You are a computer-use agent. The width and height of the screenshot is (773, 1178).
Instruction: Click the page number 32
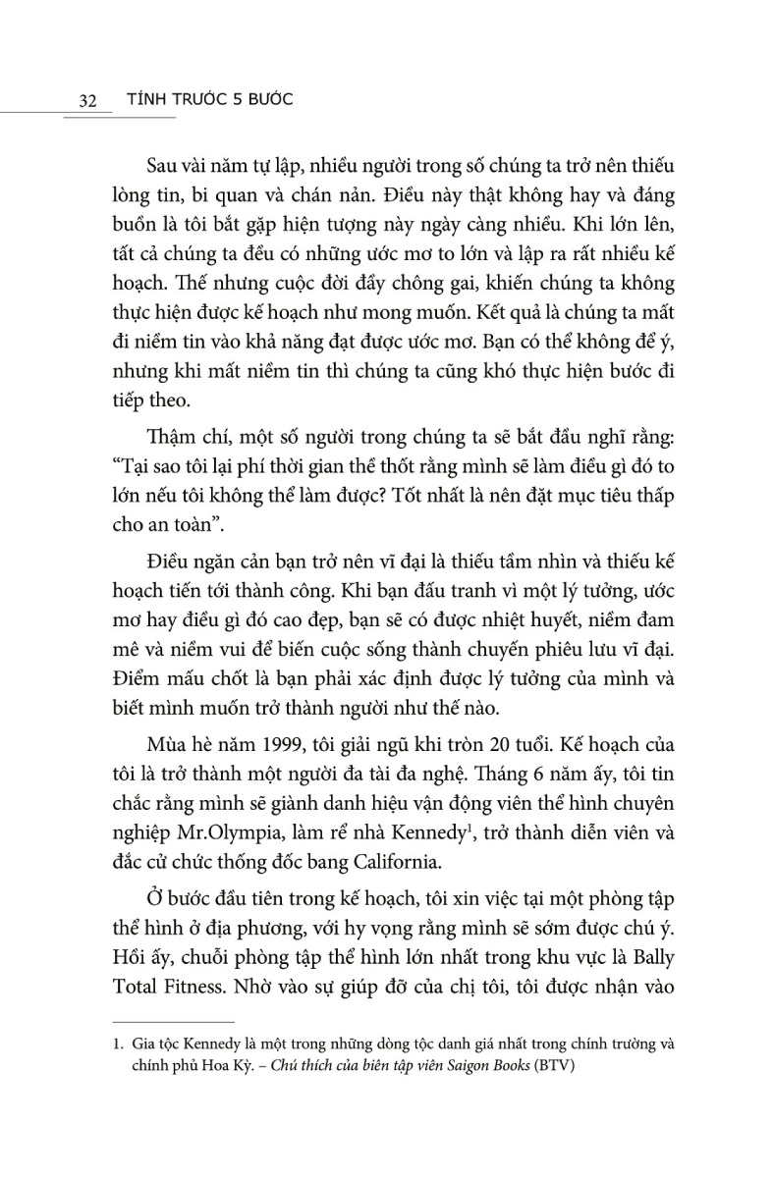[84, 100]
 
